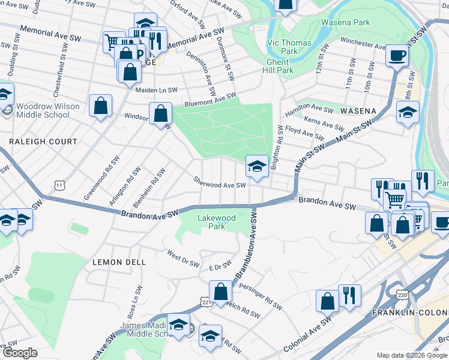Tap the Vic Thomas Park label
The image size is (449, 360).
(x=289, y=47)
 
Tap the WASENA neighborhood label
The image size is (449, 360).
(x=358, y=111)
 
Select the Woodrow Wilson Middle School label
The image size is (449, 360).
(x=48, y=110)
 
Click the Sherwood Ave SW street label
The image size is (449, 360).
(x=220, y=182)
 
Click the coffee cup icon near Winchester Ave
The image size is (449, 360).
(x=397, y=56)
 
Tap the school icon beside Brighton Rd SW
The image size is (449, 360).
(x=256, y=167)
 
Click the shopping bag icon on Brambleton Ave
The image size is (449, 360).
(x=221, y=292)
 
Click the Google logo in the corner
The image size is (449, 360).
(x=19, y=353)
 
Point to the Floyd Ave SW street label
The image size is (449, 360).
(x=304, y=132)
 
